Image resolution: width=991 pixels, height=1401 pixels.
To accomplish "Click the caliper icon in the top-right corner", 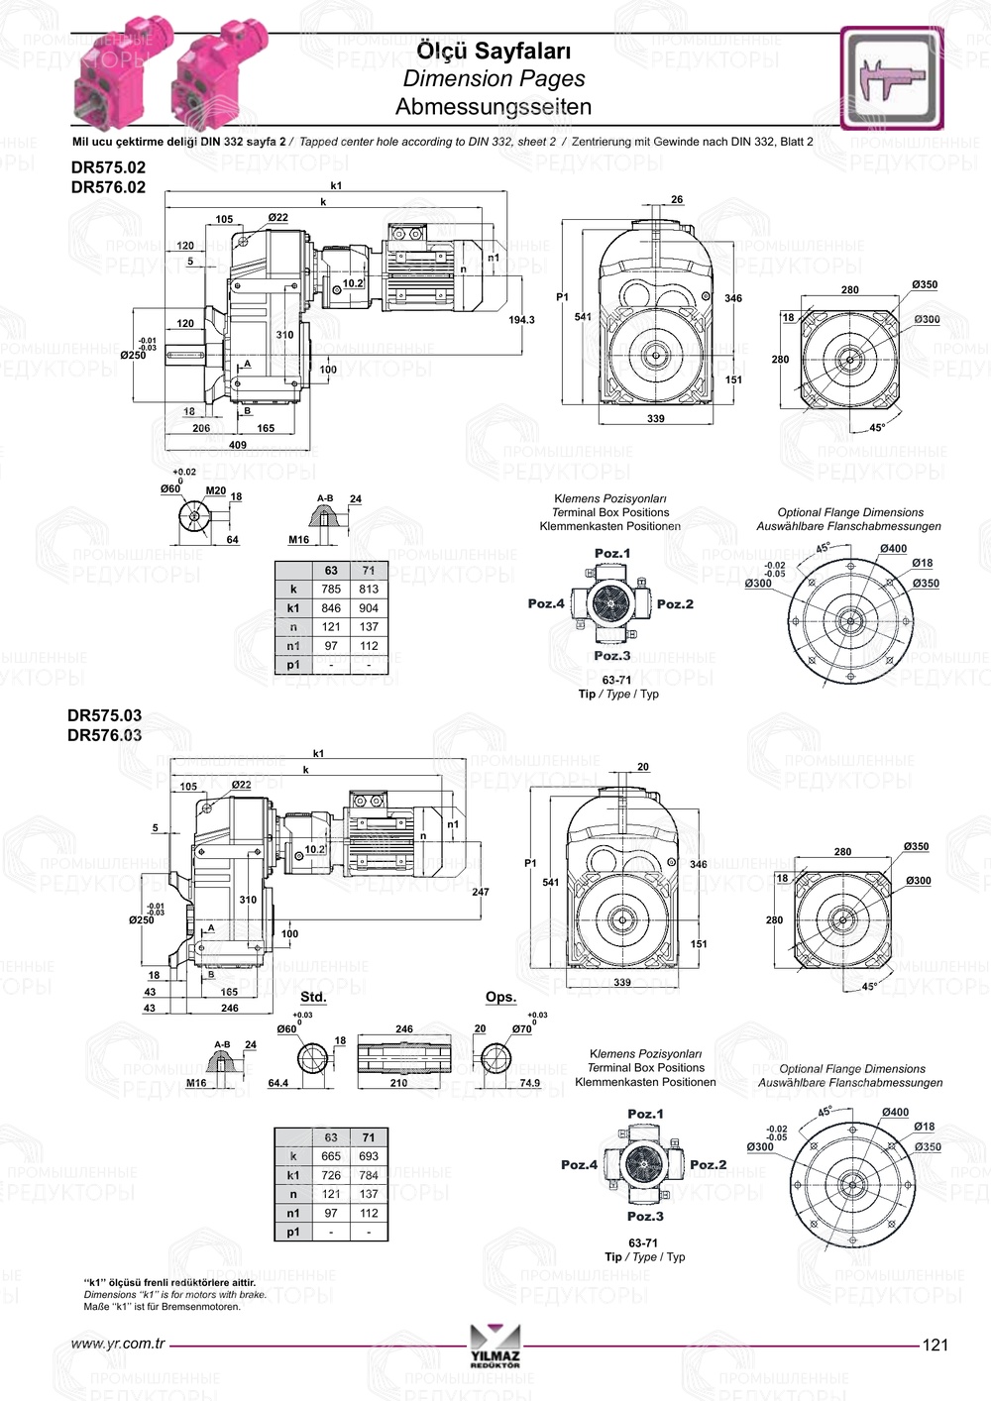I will pos(892,78).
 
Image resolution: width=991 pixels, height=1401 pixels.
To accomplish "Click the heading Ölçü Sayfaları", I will pos(493,51).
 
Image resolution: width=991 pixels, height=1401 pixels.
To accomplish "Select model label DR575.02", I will pos(108,167).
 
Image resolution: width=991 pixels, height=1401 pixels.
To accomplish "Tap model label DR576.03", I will pos(104,735).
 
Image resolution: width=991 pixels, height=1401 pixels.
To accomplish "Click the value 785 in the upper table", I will pos(331,589).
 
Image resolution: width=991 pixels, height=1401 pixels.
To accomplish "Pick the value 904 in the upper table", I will pos(369,608).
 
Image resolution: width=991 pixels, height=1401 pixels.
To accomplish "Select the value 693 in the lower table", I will pos(369,1156).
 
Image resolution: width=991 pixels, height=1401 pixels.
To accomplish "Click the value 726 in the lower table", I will pos(331,1175).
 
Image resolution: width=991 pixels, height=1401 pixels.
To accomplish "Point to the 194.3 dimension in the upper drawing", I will pos(521,320).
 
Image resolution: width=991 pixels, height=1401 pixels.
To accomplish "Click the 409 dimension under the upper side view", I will pos(238,445).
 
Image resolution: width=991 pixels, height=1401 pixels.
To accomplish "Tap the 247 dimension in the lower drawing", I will pos(481,892).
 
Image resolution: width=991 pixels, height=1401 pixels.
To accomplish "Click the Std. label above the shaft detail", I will pos(313,997).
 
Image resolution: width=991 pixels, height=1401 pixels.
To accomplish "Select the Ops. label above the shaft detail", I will pos(500,997).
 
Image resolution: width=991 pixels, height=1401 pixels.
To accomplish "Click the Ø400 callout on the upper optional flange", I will pos(893,549).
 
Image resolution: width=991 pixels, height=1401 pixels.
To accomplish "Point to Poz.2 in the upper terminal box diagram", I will pos(675,603).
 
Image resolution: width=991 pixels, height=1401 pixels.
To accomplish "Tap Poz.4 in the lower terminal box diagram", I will pos(579,1165).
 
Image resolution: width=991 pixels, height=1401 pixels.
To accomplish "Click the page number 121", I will pos(935,1345).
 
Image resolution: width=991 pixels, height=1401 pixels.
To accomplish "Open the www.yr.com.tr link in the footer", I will pos(118,1345).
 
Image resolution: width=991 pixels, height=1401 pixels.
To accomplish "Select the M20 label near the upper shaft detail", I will pos(215,490).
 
